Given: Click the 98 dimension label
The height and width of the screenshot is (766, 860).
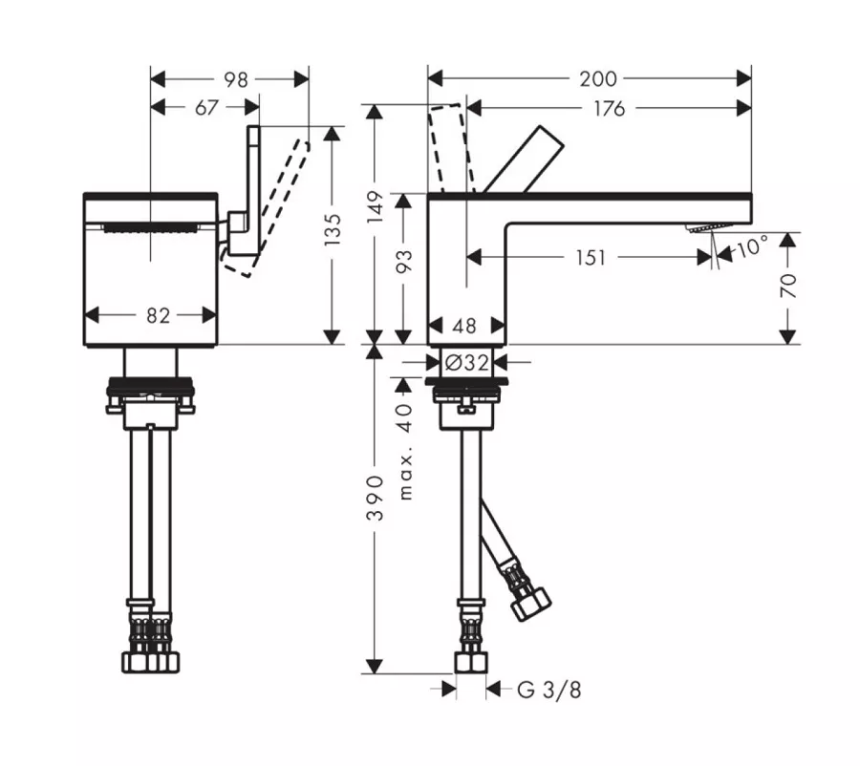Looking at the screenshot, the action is pyautogui.click(x=236, y=79).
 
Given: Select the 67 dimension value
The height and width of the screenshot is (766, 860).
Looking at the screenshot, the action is pyautogui.click(x=206, y=108).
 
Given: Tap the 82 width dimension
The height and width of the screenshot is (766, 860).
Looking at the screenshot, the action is pyautogui.click(x=158, y=315).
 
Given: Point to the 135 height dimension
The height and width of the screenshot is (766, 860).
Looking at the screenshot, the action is pyautogui.click(x=333, y=229).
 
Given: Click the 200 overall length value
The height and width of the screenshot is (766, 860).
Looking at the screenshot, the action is pyautogui.click(x=598, y=79).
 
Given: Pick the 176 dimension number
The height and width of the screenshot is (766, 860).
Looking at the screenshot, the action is pyautogui.click(x=610, y=109).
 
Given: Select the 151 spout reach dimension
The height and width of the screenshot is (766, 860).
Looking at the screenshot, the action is pyautogui.click(x=591, y=257).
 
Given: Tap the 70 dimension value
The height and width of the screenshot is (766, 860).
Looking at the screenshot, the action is pyautogui.click(x=788, y=286).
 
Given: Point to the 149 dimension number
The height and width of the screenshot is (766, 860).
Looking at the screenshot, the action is pyautogui.click(x=376, y=206).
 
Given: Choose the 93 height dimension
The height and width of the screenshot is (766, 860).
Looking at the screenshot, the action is pyautogui.click(x=403, y=262).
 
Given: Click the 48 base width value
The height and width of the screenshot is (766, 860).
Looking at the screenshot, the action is pyautogui.click(x=464, y=327).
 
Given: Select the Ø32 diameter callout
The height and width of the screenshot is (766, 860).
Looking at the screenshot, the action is pyautogui.click(x=466, y=362).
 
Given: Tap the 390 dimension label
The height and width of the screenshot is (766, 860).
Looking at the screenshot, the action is pyautogui.click(x=376, y=498).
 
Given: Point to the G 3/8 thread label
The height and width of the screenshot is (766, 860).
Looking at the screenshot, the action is pyautogui.click(x=548, y=690).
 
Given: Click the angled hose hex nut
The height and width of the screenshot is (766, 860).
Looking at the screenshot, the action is pyautogui.click(x=530, y=604).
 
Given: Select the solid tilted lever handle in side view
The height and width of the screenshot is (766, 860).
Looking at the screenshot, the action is pyautogui.click(x=524, y=160).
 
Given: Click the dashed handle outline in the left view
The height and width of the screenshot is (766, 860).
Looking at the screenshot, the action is pyautogui.click(x=268, y=208).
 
